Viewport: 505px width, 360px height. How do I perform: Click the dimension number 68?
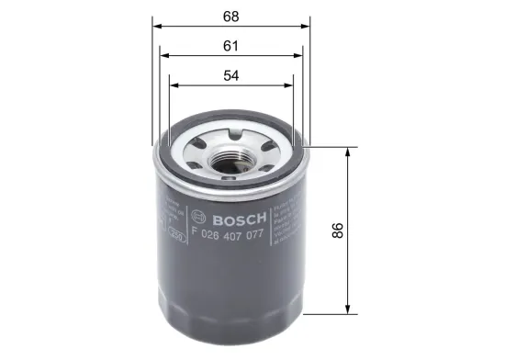[230, 15]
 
